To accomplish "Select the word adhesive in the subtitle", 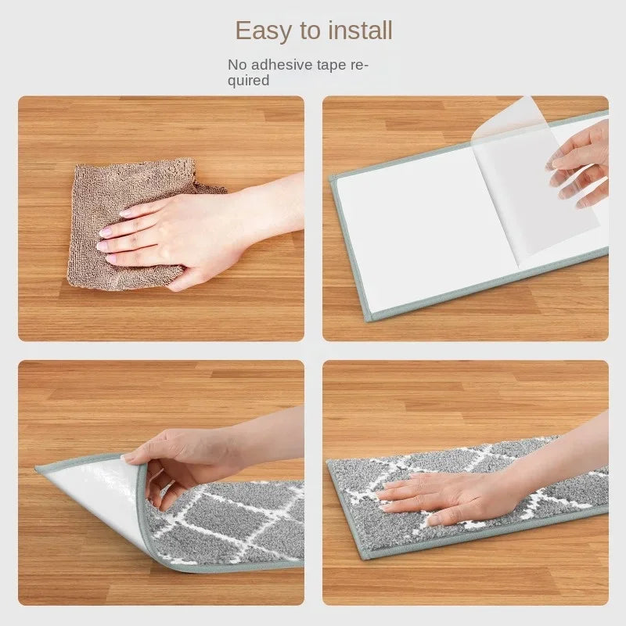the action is tap(282, 65).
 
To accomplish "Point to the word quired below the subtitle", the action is tap(248, 81).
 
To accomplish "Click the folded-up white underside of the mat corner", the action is tap(100, 495).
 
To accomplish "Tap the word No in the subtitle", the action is tap(237, 65).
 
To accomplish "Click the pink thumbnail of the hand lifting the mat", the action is tap(129, 457).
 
